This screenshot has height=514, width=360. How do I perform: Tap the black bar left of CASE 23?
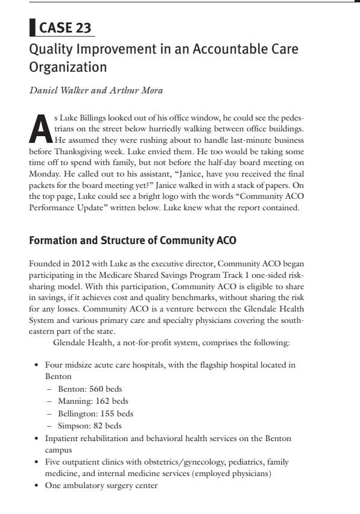32,27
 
